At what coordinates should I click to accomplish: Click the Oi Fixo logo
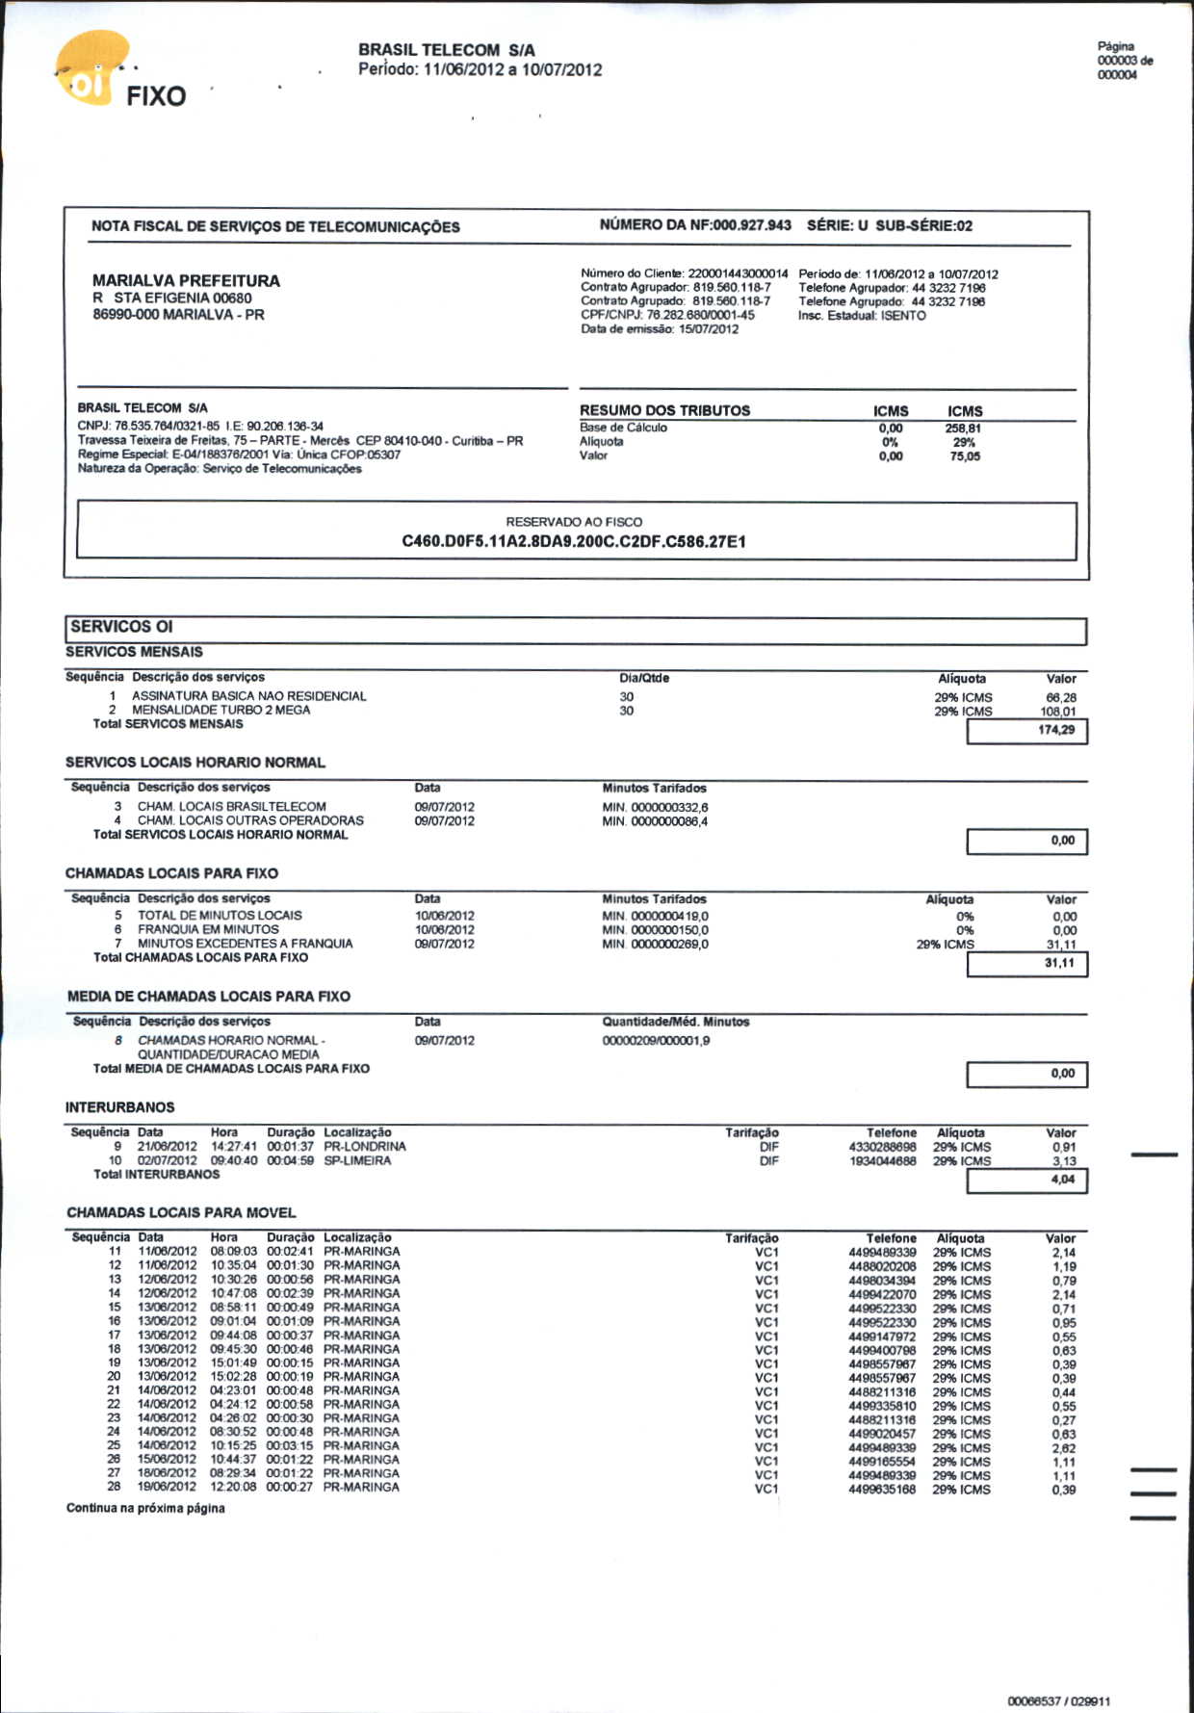(x=116, y=77)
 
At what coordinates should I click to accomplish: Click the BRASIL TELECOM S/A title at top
(x=446, y=49)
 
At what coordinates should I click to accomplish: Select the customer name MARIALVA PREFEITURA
(x=186, y=280)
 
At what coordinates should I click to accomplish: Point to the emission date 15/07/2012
(x=709, y=329)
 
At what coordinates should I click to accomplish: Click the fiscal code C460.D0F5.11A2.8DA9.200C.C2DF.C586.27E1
(x=574, y=542)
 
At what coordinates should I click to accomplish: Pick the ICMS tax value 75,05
(x=965, y=456)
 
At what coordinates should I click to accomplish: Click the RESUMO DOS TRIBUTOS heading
(x=664, y=410)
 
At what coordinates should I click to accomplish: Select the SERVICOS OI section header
(x=121, y=627)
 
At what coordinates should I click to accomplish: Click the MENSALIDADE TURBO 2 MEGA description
(x=221, y=710)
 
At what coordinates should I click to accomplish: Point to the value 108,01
(x=1057, y=712)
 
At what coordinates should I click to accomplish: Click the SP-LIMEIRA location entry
(x=357, y=1161)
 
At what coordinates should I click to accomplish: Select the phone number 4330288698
(x=882, y=1147)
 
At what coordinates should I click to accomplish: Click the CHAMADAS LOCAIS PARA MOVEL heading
(x=181, y=1213)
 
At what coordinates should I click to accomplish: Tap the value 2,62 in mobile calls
(x=1064, y=1448)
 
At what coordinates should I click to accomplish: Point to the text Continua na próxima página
(x=145, y=1508)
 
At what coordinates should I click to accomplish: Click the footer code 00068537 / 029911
(x=1058, y=1701)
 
